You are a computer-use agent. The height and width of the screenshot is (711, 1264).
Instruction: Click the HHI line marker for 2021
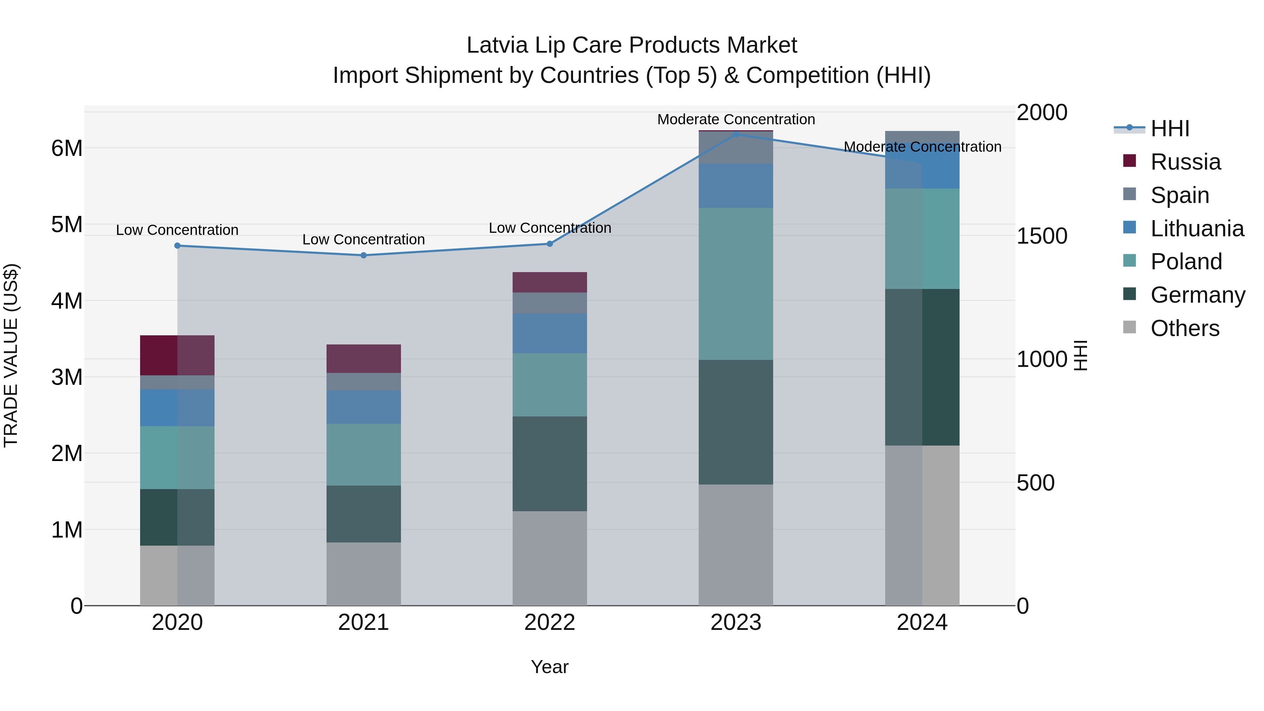pos(364,255)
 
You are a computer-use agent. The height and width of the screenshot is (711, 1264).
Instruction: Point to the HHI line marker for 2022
pos(549,244)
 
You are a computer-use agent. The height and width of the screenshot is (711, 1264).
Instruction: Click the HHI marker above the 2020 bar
pos(178,246)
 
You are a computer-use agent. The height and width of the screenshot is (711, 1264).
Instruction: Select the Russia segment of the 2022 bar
pos(549,282)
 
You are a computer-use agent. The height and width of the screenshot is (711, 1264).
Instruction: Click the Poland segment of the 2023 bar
pos(736,284)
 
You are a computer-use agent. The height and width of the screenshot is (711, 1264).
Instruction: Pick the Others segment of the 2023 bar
pos(736,545)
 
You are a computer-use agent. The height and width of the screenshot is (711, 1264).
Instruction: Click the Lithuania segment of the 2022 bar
pos(549,333)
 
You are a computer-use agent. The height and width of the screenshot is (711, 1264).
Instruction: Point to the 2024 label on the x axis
pos(922,623)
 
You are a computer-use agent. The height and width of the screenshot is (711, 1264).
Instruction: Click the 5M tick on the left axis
pos(67,225)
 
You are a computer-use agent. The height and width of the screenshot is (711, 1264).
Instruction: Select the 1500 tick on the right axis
pos(1041,236)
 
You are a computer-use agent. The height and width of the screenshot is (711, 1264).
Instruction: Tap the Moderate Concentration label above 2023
pos(736,119)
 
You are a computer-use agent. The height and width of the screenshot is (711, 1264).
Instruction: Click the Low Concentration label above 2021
pos(364,239)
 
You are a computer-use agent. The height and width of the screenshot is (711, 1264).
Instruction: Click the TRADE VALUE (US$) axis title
pos(11,355)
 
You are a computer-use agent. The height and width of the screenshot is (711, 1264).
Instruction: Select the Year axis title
pos(549,667)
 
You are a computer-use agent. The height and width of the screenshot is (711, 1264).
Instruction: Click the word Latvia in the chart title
pos(496,45)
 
